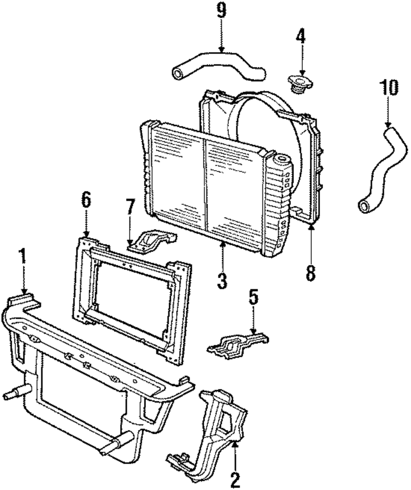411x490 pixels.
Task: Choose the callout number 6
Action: click(x=86, y=202)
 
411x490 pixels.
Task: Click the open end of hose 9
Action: click(x=178, y=74)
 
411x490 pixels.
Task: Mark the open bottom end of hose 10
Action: click(x=365, y=206)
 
